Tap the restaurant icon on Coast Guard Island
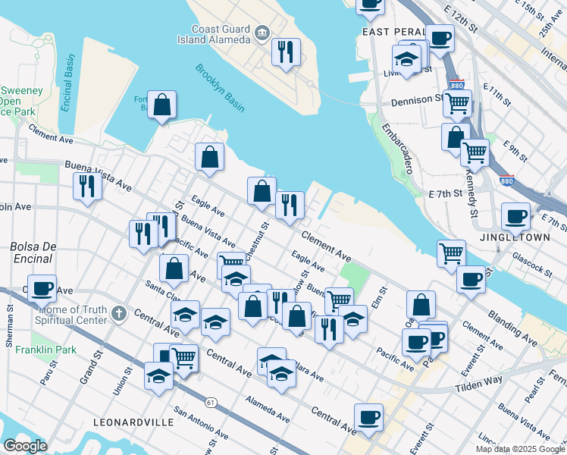pos(286,52)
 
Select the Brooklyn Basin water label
pos(220,88)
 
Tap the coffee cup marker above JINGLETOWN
pos(515,216)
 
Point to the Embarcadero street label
pos(396,148)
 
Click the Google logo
pos(25,446)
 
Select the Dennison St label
pos(417,99)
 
